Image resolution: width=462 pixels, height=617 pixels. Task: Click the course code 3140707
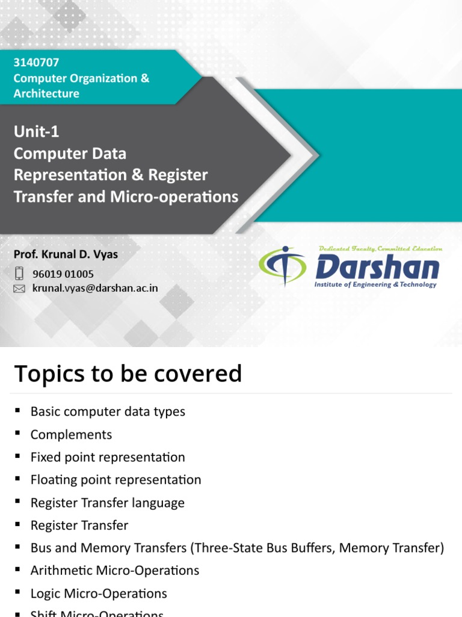(x=36, y=62)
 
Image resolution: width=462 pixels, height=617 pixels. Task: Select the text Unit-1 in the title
(x=37, y=131)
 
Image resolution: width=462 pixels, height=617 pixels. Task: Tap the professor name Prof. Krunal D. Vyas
(x=66, y=254)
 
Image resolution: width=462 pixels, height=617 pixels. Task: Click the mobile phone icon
(x=19, y=274)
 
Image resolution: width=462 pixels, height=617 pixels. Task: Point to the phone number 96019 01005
(x=63, y=274)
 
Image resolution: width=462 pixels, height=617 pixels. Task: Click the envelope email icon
(x=19, y=289)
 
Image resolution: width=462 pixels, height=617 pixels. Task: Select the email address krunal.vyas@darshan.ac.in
(x=95, y=288)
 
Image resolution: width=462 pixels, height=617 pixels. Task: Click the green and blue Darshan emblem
(x=282, y=266)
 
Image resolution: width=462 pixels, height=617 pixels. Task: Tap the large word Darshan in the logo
(x=377, y=267)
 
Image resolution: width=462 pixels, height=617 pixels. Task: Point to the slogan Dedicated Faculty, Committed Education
(x=380, y=248)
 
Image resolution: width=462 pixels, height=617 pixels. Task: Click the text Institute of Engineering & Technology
(x=375, y=284)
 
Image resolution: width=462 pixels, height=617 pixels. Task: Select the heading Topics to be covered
(x=128, y=374)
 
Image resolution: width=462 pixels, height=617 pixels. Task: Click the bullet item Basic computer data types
(x=108, y=412)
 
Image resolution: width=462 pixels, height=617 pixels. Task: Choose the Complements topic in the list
(x=71, y=434)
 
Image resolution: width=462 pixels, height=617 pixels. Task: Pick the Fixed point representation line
(x=108, y=457)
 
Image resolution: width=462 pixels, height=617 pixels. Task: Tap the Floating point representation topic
(x=115, y=480)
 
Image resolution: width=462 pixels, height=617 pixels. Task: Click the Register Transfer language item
(x=107, y=503)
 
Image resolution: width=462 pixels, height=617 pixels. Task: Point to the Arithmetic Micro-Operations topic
(x=114, y=570)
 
